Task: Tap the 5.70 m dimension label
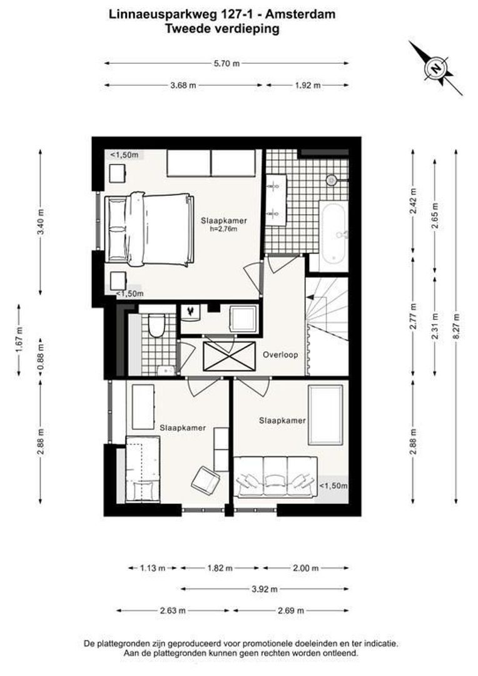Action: click(226, 64)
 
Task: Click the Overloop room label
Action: click(280, 356)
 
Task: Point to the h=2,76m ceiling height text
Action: click(224, 229)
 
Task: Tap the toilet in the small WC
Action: click(156, 325)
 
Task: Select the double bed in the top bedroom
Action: click(149, 229)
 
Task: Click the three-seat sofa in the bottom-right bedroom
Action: click(275, 478)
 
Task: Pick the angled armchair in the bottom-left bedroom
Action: click(205, 480)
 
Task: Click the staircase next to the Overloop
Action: click(327, 325)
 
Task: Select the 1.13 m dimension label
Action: click(153, 568)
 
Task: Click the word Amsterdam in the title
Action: click(300, 14)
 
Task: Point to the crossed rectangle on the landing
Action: click(229, 356)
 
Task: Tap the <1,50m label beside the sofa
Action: click(333, 486)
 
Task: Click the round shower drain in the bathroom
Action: click(332, 180)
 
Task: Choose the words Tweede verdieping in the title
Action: click(222, 29)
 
